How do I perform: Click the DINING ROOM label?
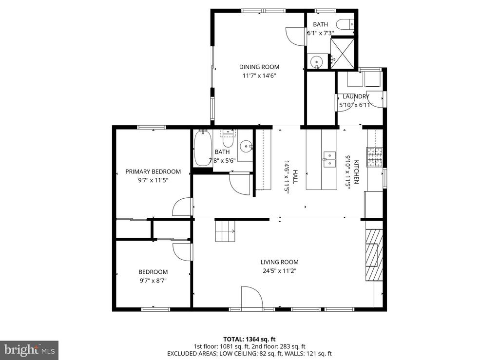[259, 67]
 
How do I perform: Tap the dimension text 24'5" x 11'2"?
[279, 271]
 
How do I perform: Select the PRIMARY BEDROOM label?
[153, 172]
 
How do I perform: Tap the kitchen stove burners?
[375, 157]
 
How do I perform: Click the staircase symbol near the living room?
[225, 231]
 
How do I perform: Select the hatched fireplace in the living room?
[374, 255]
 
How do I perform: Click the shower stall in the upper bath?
[343, 54]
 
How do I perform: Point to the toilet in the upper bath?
[345, 24]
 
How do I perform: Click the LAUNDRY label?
[356, 96]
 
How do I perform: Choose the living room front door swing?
[251, 297]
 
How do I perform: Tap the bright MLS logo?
[29, 350]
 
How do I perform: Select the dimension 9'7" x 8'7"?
[153, 281]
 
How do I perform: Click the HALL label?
[295, 176]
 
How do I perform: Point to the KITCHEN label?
[356, 172]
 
